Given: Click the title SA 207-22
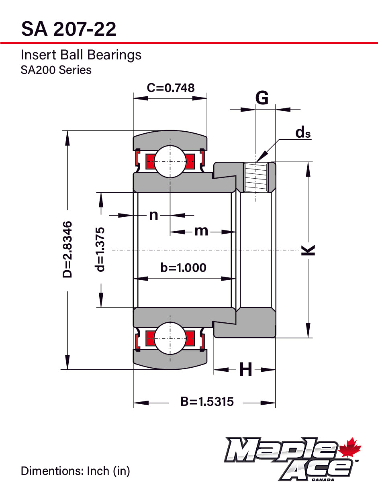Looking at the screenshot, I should coord(69,29).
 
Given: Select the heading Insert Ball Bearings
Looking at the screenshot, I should coord(81,55).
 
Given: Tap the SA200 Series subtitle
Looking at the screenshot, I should coord(56,70).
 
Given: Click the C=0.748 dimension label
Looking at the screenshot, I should coord(170,88).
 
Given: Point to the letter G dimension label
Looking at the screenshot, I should coord(262,98).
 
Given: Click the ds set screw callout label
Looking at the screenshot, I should coord(303,132).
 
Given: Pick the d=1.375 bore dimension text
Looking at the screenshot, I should coord(100,249).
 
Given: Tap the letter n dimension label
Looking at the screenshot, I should coord(153,216).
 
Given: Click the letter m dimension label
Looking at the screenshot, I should coord(201,231).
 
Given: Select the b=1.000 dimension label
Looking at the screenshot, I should coord(183,267).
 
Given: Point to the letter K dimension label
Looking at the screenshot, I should coord(308,250).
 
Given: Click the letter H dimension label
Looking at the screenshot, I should coord(246,369).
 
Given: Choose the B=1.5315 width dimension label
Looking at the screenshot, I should coord(207,401).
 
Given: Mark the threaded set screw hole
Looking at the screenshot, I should coord(256,177).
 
